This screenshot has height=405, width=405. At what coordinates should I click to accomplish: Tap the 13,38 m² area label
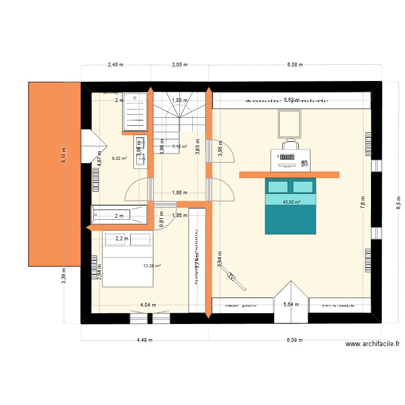152,265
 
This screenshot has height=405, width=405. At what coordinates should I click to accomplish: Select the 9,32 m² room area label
119,158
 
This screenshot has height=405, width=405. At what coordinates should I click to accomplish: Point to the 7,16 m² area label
179,146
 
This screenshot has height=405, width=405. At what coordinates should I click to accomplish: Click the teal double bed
290,206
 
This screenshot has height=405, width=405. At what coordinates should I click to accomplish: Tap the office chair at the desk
290,143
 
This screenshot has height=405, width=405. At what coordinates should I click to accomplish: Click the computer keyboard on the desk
286,157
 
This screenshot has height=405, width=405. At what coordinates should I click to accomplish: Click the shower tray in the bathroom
135,111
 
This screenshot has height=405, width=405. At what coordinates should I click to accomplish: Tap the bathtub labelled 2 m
119,214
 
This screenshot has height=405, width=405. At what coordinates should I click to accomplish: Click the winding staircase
179,116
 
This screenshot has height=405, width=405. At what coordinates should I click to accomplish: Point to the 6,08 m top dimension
294,64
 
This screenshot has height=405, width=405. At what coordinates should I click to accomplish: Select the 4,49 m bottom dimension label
145,340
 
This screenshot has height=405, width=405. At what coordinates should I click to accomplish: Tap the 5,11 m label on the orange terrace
63,156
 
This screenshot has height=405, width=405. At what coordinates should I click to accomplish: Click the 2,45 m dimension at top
116,64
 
